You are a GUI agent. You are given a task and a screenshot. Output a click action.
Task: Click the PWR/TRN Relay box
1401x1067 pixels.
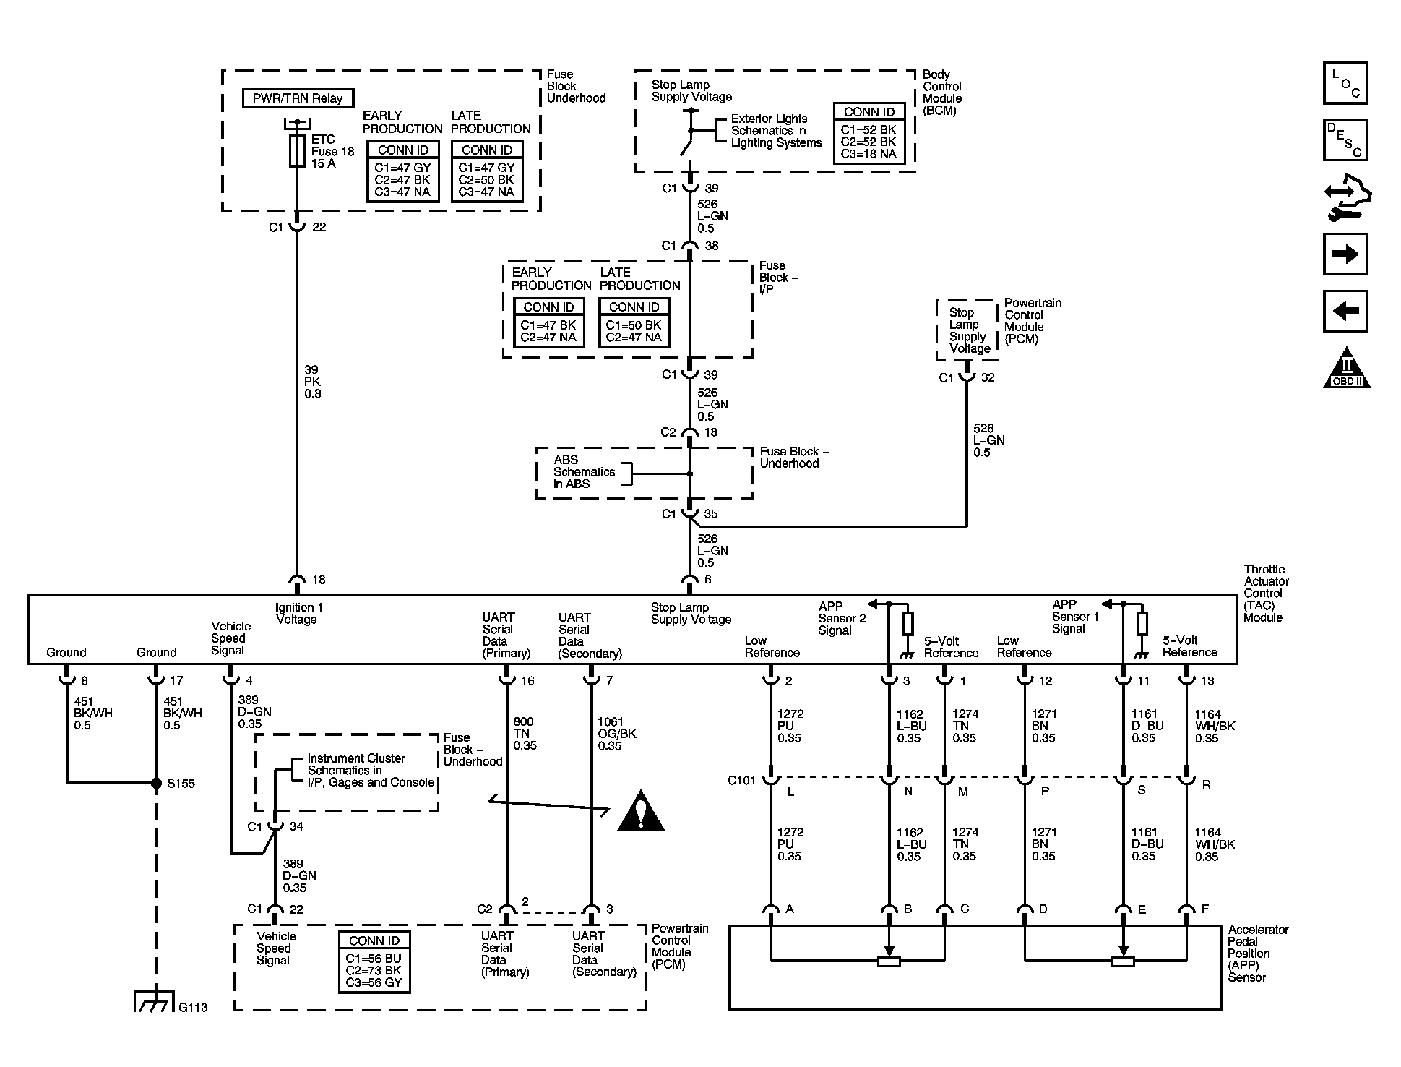tap(298, 98)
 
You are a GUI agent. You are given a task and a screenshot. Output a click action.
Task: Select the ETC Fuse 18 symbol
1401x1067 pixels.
tap(296, 151)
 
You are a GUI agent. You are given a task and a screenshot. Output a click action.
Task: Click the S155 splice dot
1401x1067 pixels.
tap(156, 783)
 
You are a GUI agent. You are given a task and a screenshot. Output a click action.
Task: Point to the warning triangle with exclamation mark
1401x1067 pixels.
tap(640, 812)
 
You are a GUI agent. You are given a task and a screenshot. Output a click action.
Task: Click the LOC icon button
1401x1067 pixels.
tap(1345, 83)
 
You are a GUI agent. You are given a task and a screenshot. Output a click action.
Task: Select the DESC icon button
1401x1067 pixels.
tap(1345, 140)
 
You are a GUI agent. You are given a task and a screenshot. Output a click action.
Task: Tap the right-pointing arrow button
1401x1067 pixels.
tap(1345, 254)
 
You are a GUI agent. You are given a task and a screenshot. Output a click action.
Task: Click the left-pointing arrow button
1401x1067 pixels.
tap(1345, 311)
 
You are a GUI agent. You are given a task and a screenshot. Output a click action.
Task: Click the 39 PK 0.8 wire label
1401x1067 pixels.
tap(312, 382)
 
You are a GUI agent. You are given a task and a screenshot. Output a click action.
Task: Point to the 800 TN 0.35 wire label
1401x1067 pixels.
tap(525, 733)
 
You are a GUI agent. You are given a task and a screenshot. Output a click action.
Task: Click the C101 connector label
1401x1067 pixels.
tap(742, 781)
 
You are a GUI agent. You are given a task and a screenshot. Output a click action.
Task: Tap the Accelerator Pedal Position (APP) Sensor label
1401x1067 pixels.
tap(1257, 953)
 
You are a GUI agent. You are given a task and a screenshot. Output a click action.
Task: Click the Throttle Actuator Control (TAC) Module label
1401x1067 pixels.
tap(1265, 593)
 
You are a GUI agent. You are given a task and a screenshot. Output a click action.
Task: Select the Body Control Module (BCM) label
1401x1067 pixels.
tap(941, 93)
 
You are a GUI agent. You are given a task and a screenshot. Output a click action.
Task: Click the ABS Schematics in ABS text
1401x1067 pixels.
tap(583, 472)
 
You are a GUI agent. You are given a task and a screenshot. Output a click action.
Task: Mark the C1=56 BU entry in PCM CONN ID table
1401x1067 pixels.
tap(374, 959)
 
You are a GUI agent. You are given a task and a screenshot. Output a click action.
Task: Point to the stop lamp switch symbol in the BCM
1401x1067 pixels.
tap(688, 133)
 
